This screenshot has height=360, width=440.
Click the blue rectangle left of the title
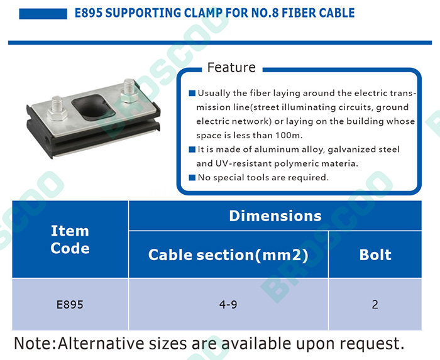coord(43,14)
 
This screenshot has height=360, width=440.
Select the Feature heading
coord(231,67)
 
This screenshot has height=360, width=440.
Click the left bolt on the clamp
coord(57,108)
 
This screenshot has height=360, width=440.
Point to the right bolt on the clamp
coord(129,91)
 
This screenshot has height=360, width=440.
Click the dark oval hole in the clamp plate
coord(93,107)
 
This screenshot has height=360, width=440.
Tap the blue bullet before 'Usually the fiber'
coord(192,93)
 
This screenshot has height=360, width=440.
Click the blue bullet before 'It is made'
coord(192,150)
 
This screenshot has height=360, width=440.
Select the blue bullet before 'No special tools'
coord(192,177)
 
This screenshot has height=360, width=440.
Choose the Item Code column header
coord(70,239)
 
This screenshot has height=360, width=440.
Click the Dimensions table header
coord(275,216)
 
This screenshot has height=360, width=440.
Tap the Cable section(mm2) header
coord(228,255)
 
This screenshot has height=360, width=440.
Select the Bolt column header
coord(375,255)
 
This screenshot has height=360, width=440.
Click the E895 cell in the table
coord(70,305)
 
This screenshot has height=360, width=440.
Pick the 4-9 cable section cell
coord(228,305)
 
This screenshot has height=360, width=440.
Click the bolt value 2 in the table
coord(375,305)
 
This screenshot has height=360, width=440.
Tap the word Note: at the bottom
coord(35,343)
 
